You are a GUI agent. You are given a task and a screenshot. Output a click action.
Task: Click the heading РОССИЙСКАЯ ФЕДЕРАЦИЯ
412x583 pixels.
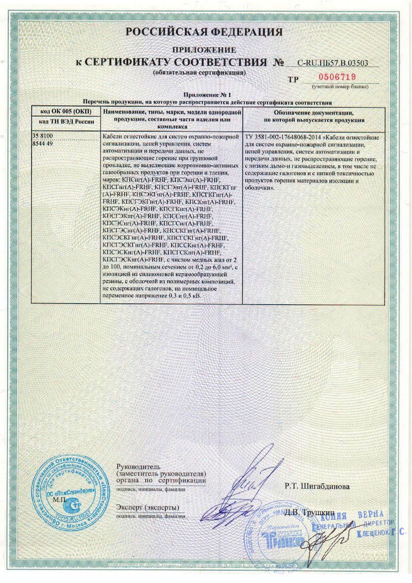(204, 33)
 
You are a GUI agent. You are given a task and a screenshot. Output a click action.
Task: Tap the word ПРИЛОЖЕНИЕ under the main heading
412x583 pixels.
(204, 50)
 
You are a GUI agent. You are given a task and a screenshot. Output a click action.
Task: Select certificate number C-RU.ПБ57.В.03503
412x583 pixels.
(332, 63)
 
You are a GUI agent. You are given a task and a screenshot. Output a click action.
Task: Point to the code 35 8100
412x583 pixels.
(43, 136)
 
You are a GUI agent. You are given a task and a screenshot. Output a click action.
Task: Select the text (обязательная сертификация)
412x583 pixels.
(199, 73)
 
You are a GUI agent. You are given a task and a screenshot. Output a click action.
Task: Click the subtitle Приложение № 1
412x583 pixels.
(204, 95)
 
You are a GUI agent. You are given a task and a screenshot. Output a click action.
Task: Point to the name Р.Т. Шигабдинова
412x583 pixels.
(314, 486)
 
